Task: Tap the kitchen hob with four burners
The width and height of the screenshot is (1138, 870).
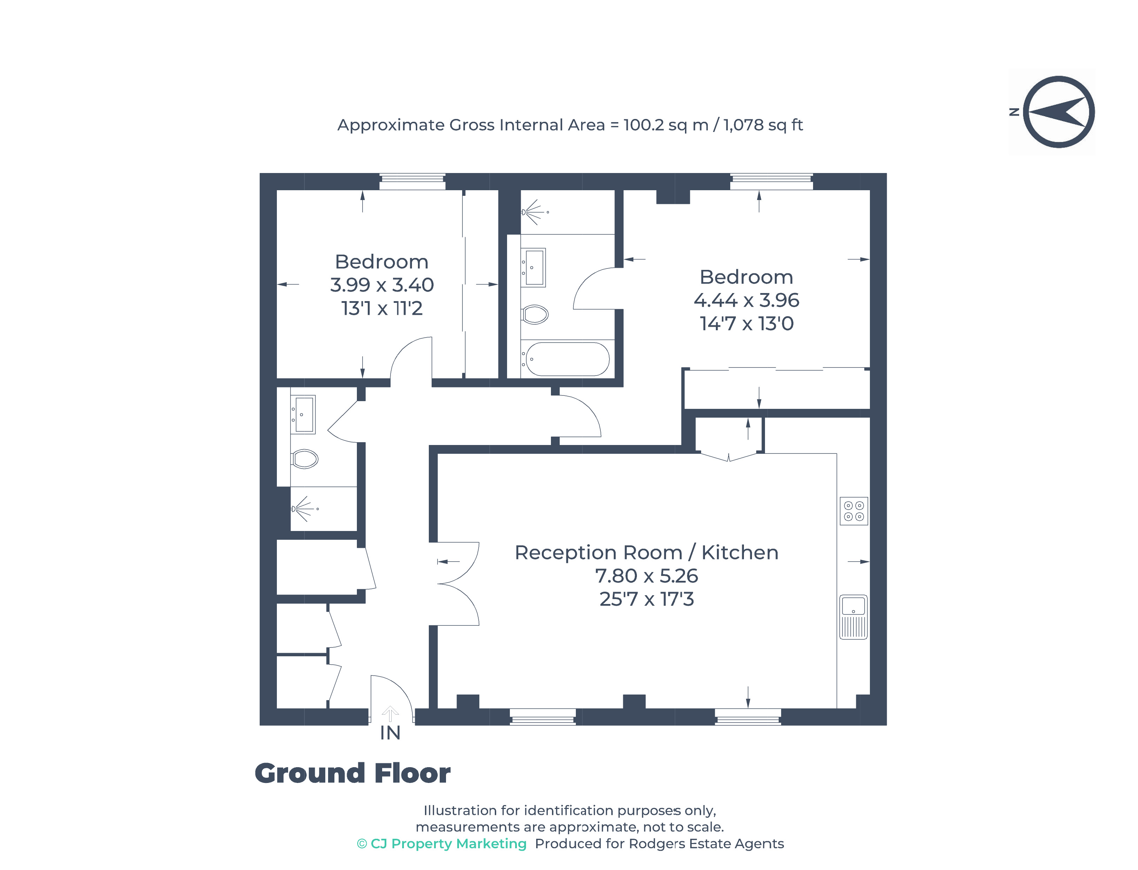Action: click(x=853, y=511)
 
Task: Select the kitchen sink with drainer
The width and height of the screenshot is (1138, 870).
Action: click(x=853, y=616)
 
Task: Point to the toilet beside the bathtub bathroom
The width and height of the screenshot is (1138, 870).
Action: click(x=535, y=314)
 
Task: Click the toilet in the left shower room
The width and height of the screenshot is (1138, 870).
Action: click(x=305, y=458)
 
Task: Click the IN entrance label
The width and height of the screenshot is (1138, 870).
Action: click(x=390, y=733)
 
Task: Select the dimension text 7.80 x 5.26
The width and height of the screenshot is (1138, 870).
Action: click(x=646, y=575)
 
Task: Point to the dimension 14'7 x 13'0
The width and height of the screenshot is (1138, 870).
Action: click(x=746, y=324)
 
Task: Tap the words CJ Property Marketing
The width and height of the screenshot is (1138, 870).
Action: click(x=448, y=844)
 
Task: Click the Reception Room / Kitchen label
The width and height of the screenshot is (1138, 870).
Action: click(x=646, y=552)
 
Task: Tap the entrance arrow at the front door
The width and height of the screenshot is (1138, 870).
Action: click(x=390, y=713)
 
